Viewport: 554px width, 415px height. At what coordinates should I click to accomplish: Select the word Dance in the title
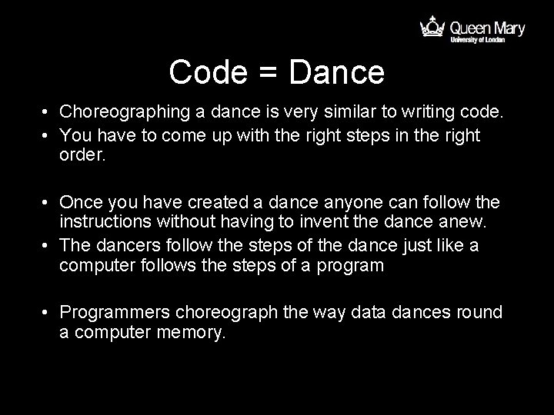[336, 73]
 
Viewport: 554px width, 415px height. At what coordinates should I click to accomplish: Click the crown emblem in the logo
[431, 29]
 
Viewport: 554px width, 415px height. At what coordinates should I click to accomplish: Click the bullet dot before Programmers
[47, 314]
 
